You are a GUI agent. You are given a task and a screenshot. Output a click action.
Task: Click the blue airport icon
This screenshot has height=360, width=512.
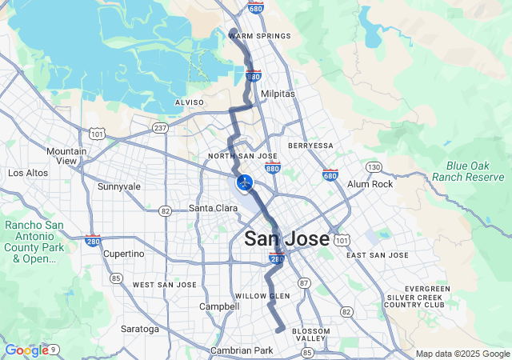click(245, 183)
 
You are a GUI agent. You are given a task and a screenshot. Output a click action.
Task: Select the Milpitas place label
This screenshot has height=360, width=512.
click(278, 94)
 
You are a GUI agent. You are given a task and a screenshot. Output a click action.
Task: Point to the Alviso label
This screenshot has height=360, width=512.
click(190, 102)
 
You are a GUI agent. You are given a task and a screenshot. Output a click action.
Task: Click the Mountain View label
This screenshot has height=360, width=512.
click(66, 156)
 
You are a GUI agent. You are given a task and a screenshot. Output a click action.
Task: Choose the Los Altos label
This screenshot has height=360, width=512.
click(28, 173)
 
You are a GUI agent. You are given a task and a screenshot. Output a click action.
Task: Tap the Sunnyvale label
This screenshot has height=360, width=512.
click(118, 186)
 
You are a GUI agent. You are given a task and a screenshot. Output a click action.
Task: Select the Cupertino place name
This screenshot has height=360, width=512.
click(124, 254)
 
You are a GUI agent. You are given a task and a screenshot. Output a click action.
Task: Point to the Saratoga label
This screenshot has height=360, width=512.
click(140, 329)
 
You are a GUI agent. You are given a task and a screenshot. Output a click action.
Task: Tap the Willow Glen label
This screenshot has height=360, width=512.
click(262, 296)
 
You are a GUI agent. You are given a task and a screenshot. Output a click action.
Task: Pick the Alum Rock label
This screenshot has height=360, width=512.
click(370, 184)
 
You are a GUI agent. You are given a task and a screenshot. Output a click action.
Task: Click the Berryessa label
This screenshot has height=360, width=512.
click(310, 146)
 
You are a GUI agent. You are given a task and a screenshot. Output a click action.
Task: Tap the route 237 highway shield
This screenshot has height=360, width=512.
click(160, 127)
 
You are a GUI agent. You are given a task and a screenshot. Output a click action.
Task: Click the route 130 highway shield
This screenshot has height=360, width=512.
click(374, 166)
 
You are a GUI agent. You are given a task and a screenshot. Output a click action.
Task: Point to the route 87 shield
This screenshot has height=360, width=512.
click(303, 283)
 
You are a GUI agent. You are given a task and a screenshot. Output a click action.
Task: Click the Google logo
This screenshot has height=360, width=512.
click(26, 350)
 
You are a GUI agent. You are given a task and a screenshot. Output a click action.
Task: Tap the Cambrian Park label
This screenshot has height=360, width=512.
click(242, 350)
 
